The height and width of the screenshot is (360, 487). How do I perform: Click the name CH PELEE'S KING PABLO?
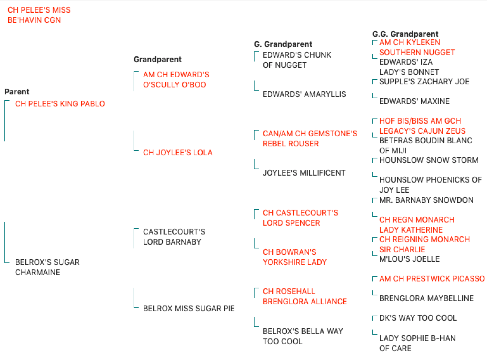[60, 104]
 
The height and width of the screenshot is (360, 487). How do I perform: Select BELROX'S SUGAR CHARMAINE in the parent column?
[47, 267]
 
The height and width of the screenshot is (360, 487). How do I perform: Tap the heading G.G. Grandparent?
[405, 34]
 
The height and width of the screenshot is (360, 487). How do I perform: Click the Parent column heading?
[17, 92]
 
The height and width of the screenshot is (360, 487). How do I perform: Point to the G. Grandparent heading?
[283, 44]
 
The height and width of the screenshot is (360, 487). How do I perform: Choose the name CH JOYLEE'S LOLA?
[178, 152]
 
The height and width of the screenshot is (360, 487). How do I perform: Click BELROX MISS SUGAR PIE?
[189, 308]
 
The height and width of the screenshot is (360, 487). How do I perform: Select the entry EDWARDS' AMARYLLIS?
[304, 94]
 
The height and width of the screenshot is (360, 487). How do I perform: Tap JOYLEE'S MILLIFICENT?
[304, 173]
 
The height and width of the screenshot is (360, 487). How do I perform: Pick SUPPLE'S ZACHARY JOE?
[424, 81]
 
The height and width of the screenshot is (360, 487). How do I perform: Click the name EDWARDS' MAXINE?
[414, 101]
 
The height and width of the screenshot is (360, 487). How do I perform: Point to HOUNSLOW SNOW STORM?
[429, 160]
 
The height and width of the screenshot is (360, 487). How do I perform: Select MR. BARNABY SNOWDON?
[426, 200]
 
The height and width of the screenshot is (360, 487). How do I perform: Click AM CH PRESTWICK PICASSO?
[432, 279]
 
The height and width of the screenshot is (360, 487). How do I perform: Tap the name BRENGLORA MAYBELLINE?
[426, 298]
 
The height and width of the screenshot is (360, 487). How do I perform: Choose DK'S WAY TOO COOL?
[418, 318]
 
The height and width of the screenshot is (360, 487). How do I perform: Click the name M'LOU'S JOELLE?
[409, 259]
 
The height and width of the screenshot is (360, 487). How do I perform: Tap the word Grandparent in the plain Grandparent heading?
[158, 59]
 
